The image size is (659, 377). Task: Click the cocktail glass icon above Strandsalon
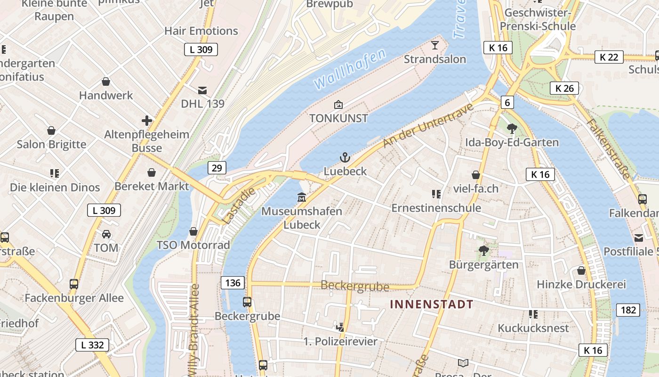pyautogui.click(x=434, y=45)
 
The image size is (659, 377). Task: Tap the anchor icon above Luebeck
pyautogui.click(x=345, y=157)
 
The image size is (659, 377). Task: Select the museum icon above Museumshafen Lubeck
pyautogui.click(x=302, y=197)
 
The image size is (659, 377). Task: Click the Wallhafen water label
pyautogui.click(x=350, y=69)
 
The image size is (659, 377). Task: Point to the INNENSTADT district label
pyautogui.click(x=432, y=304)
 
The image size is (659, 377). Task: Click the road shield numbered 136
pyautogui.click(x=233, y=283)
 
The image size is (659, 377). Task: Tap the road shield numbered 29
pyautogui.click(x=217, y=168)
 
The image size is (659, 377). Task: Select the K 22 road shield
pyautogui.click(x=609, y=57)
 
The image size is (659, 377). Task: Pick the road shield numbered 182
pyautogui.click(x=628, y=310)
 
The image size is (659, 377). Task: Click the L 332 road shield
pyautogui.click(x=92, y=345)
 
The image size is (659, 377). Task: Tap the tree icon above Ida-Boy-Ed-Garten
pyautogui.click(x=512, y=128)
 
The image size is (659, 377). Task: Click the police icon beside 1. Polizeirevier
pyautogui.click(x=340, y=327)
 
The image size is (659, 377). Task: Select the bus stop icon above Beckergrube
pyautogui.click(x=247, y=302)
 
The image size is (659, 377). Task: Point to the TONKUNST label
pyautogui.click(x=338, y=118)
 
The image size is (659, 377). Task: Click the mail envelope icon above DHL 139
pyautogui.click(x=202, y=90)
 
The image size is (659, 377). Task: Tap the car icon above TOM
pyautogui.click(x=106, y=234)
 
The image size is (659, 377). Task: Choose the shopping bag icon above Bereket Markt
pyautogui.click(x=152, y=172)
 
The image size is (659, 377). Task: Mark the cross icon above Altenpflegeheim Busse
pyautogui.click(x=147, y=121)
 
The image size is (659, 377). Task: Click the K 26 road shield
pyautogui.click(x=564, y=88)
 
